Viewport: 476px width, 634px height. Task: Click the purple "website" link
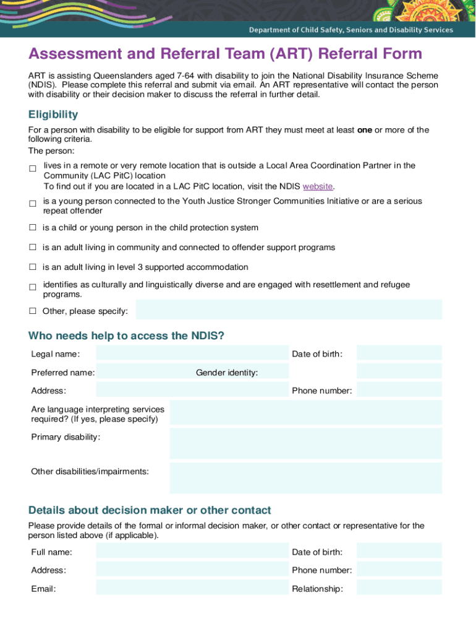(x=318, y=186)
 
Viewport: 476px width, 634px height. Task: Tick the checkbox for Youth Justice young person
(x=33, y=204)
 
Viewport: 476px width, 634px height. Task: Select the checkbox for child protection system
(x=33, y=228)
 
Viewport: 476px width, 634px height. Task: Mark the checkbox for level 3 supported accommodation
(x=33, y=267)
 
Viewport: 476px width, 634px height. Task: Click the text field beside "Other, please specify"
(x=289, y=310)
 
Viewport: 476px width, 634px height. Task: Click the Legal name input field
(x=192, y=353)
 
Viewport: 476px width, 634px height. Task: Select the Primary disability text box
(x=305, y=443)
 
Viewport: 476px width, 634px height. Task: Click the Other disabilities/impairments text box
(x=305, y=478)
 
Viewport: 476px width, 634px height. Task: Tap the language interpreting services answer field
(x=305, y=412)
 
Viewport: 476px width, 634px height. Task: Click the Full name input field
(x=192, y=551)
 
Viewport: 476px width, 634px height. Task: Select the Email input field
(x=192, y=588)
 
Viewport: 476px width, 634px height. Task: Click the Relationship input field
(x=399, y=588)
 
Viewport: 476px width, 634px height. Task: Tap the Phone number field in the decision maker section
(x=399, y=570)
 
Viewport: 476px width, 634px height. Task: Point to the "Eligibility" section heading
(x=53, y=115)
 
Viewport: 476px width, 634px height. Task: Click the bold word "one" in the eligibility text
(x=365, y=130)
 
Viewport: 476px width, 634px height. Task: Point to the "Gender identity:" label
(x=227, y=372)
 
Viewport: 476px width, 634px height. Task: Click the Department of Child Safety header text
(x=351, y=30)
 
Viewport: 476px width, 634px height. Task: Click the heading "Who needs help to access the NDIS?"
(x=126, y=336)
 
